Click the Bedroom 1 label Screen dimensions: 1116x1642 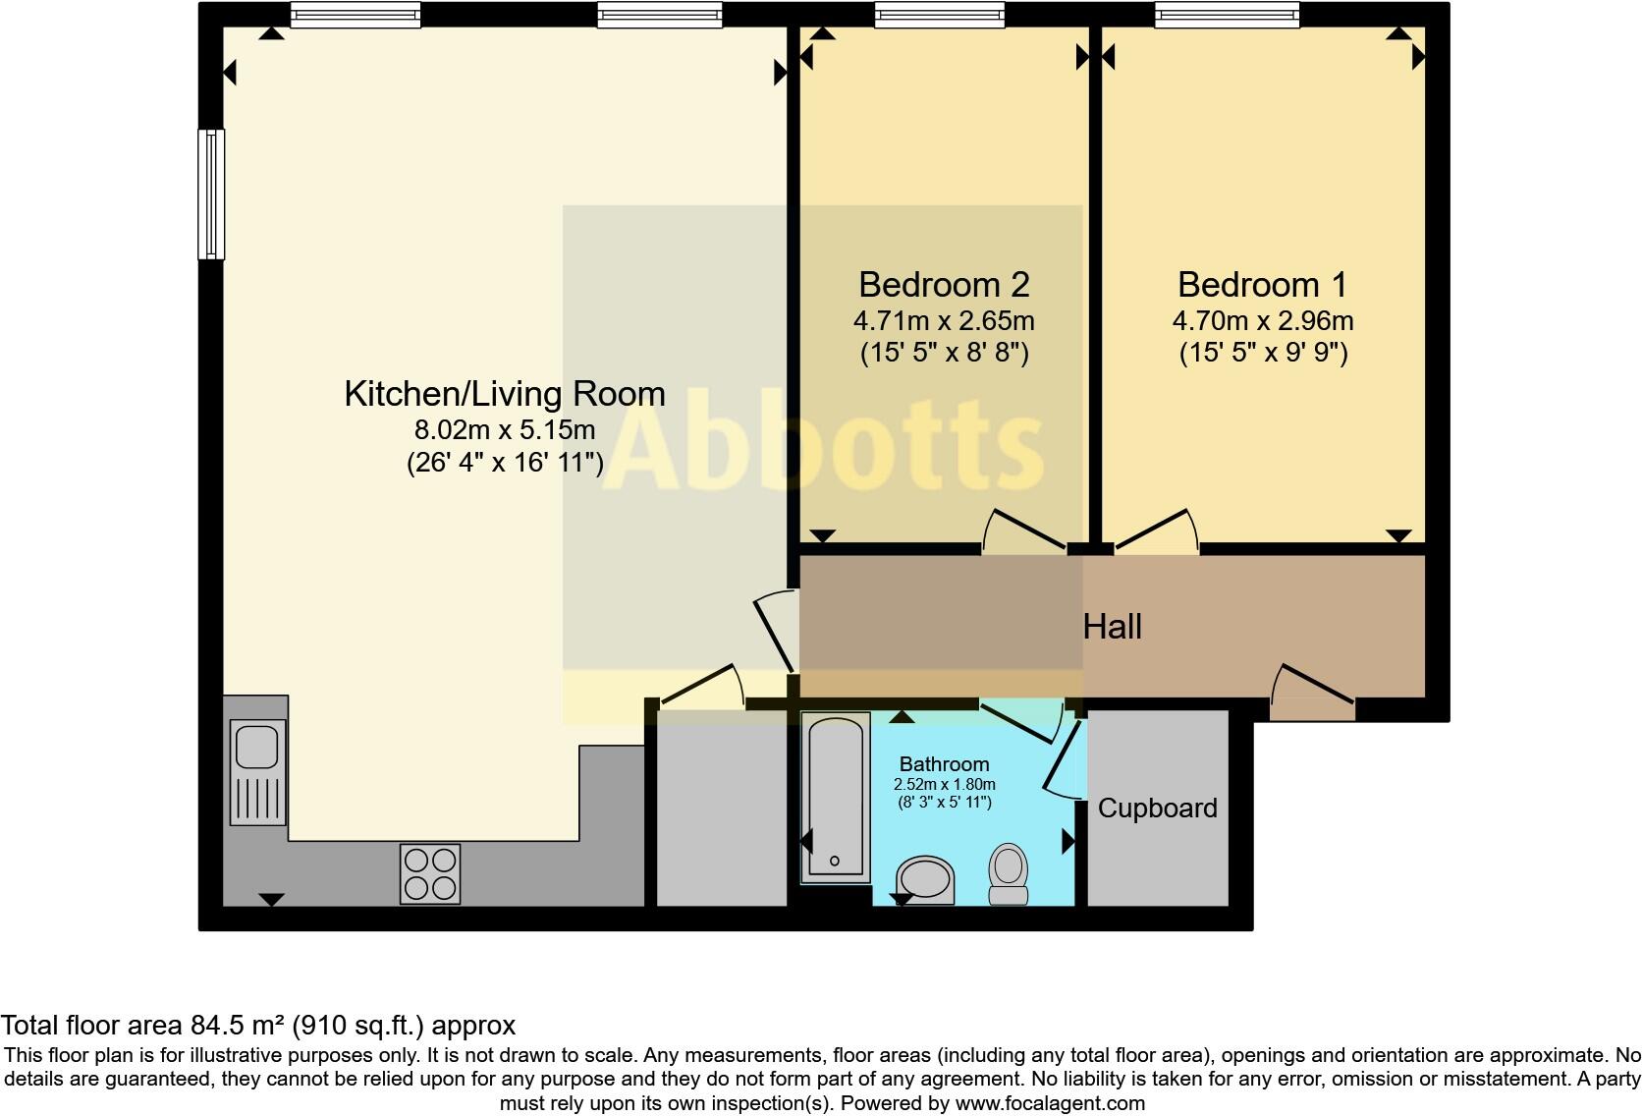click(x=1262, y=285)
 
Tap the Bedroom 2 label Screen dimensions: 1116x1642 click(x=944, y=285)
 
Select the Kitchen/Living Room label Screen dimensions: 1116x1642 click(x=505, y=394)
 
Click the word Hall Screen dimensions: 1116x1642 click(x=1112, y=627)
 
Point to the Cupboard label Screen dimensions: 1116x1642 click(x=1157, y=809)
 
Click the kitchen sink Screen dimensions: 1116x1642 click(x=258, y=771)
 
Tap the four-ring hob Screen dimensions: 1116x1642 click(x=430, y=873)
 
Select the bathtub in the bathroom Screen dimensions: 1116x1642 click(x=836, y=796)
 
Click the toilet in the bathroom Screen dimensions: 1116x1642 click(x=1009, y=873)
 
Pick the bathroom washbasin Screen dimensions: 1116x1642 click(x=926, y=879)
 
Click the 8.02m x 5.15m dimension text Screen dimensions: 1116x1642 click(x=505, y=430)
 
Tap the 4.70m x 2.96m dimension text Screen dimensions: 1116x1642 click(x=1263, y=321)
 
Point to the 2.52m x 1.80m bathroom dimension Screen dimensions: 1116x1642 click(x=945, y=785)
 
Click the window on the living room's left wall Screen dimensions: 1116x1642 click(x=211, y=194)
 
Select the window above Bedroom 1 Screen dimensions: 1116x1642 click(x=1227, y=14)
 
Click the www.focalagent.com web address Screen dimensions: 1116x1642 click(x=1050, y=1103)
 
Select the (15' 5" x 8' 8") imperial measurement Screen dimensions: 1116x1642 click(x=944, y=353)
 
